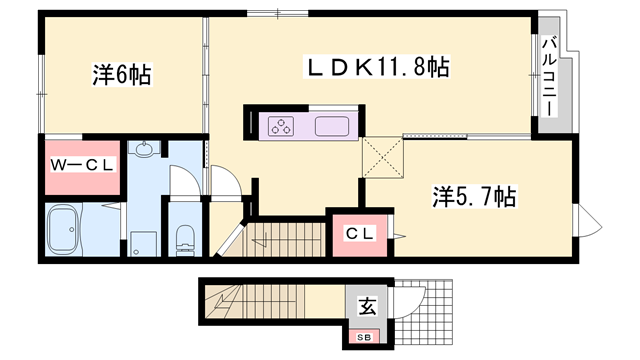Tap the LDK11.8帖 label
[377, 67]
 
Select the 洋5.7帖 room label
[474, 196]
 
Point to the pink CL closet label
[360, 233]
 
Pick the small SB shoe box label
[365, 337]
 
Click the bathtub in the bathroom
[68, 231]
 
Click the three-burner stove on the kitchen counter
[281, 127]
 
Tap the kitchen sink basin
[331, 127]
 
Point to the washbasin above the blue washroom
[146, 151]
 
